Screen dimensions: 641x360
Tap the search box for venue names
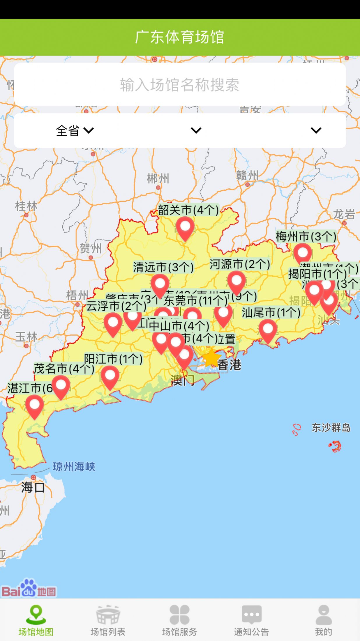[x=180, y=85]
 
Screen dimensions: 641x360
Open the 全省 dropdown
[x=75, y=130]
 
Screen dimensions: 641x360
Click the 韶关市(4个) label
[x=188, y=210]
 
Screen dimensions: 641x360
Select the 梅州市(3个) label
[x=306, y=236]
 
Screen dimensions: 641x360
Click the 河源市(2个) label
[x=239, y=264]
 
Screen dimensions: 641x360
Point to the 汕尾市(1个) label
[x=271, y=313]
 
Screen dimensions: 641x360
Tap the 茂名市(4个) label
[x=64, y=369]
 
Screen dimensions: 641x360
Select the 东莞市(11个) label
[x=195, y=300]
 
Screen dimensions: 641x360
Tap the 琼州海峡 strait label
[x=74, y=467]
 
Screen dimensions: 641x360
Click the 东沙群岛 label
[x=331, y=428]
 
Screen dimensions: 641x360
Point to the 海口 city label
[x=33, y=487]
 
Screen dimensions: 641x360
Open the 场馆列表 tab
[x=108, y=620]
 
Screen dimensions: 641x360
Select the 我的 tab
[x=323, y=620]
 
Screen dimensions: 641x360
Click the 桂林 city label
[x=26, y=206]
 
